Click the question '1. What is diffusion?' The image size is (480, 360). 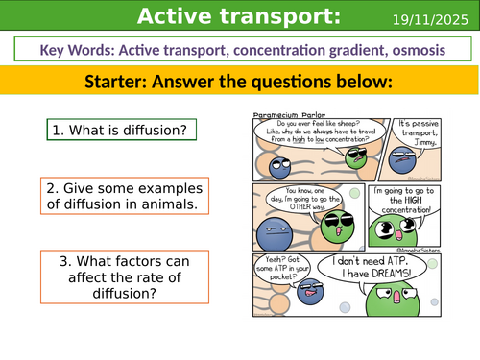click(107, 129)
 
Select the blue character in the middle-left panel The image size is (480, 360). click(273, 234)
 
